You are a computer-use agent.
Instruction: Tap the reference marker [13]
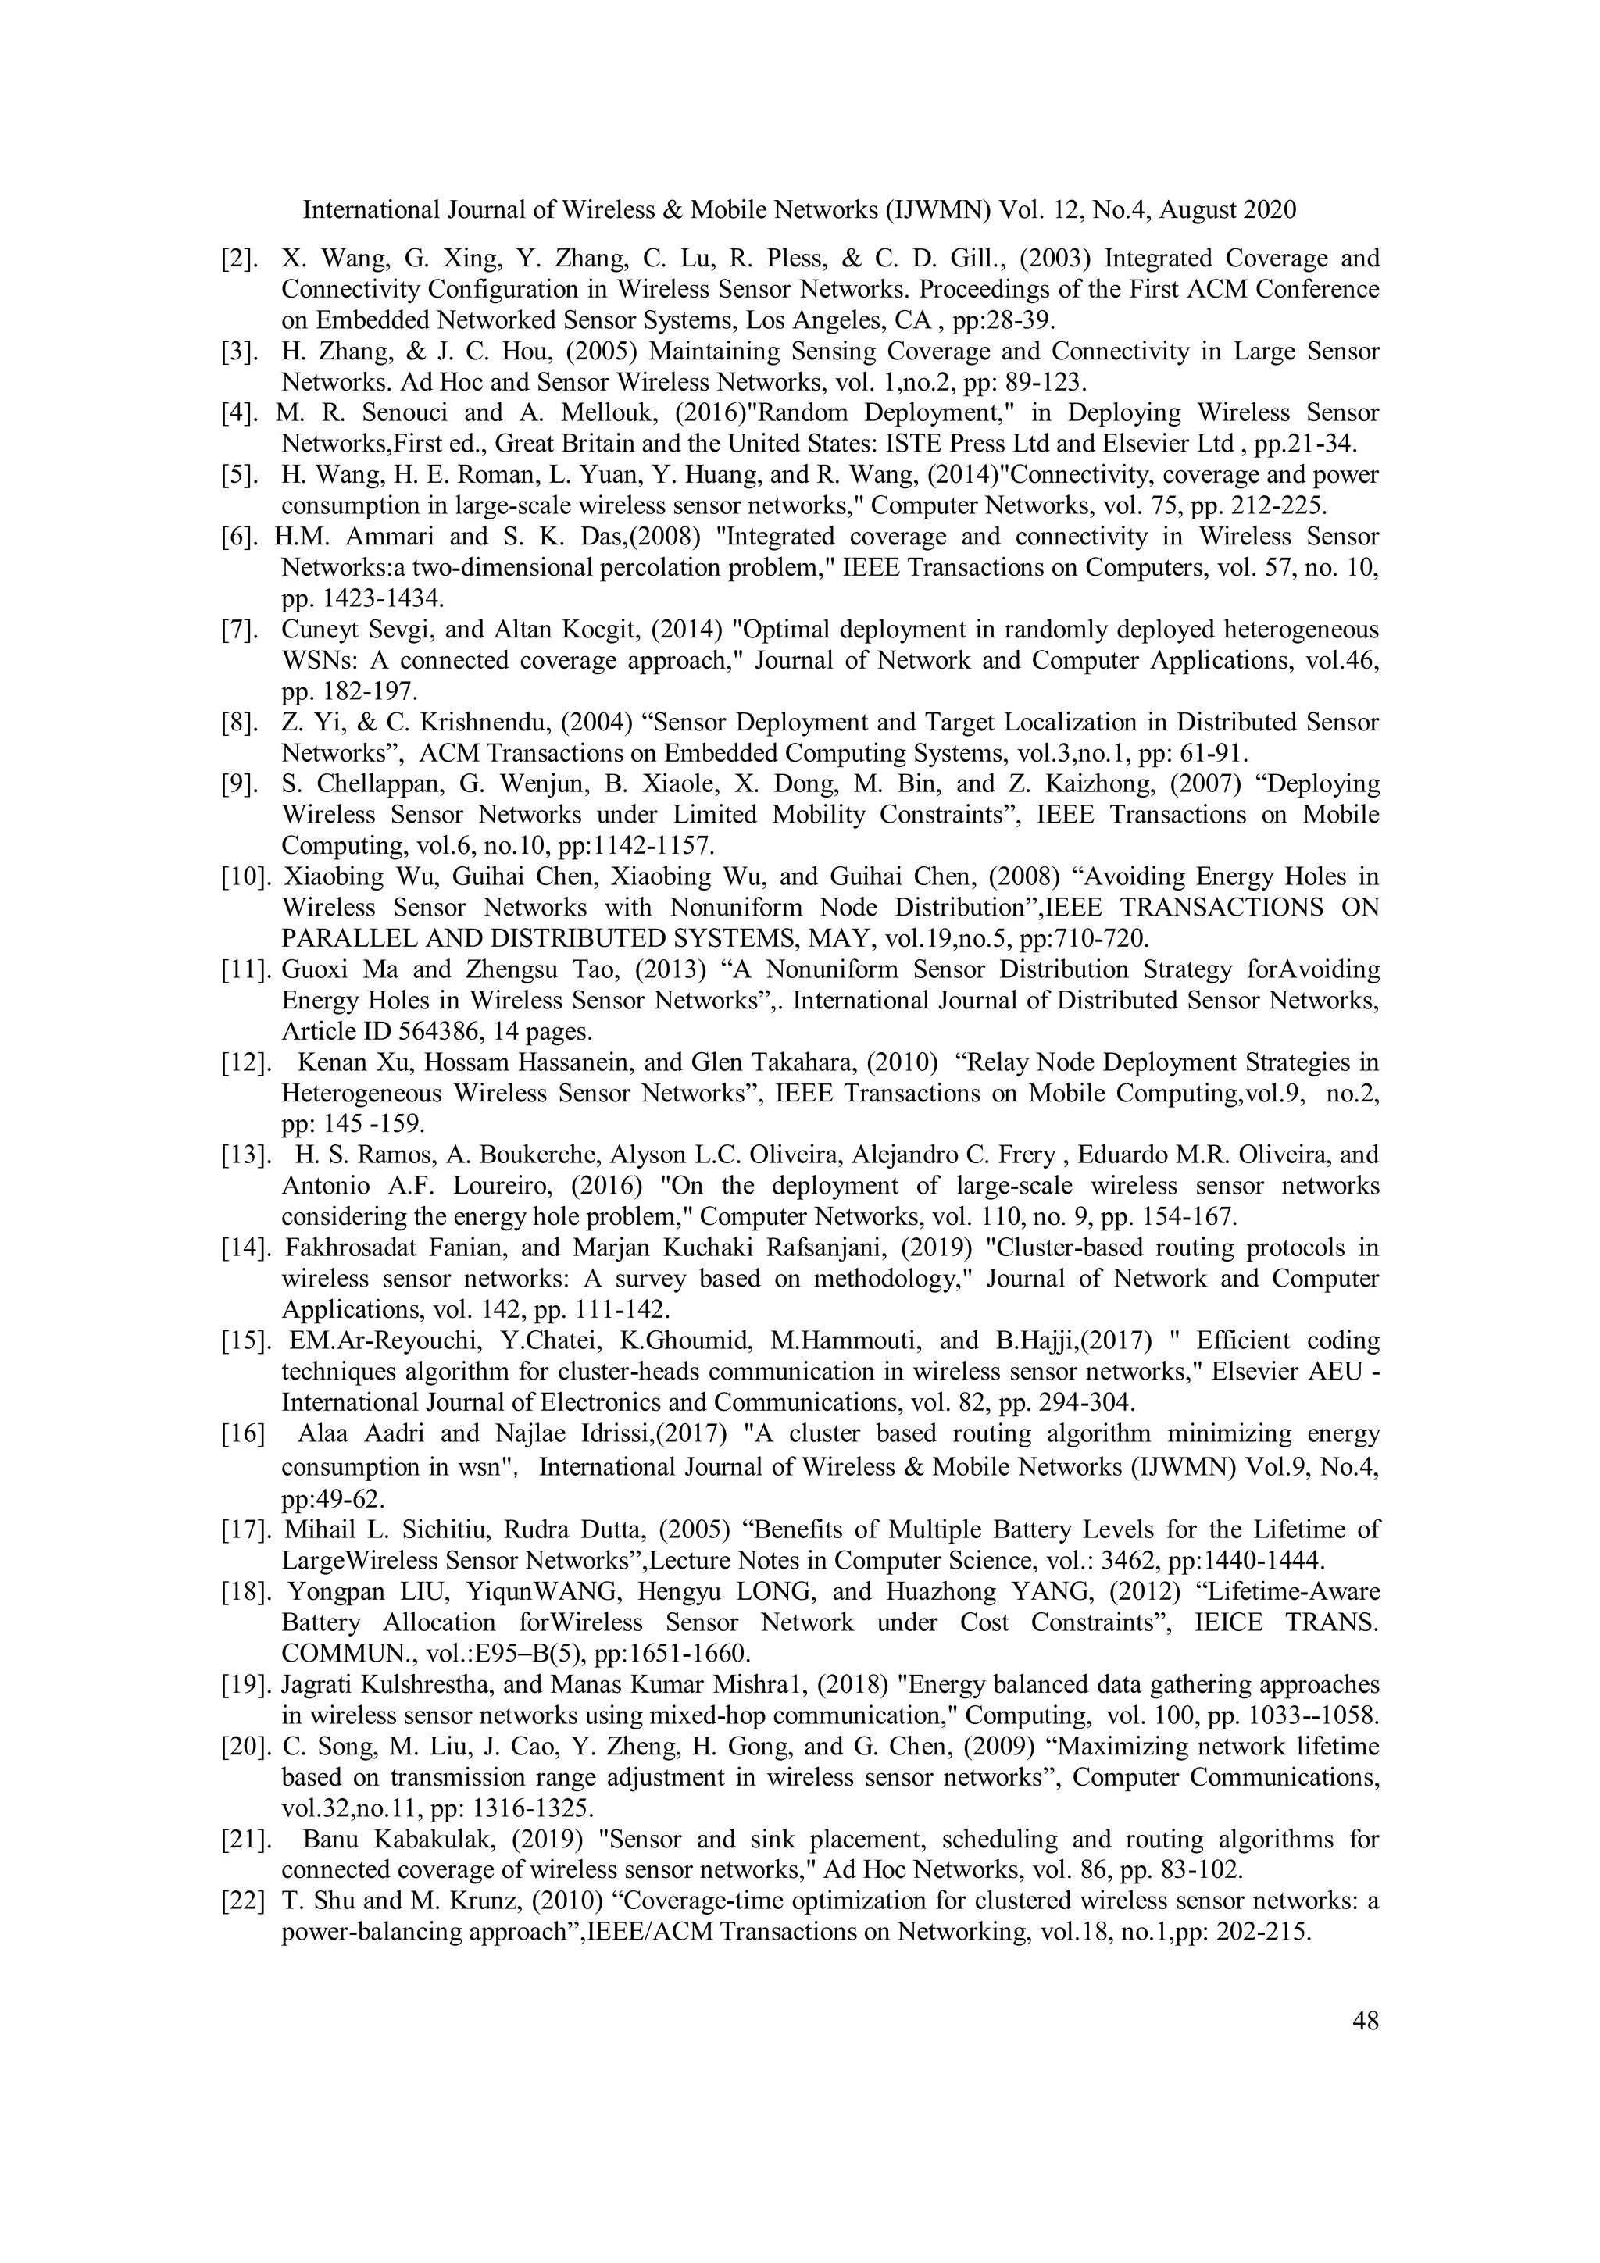(x=245, y=1155)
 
